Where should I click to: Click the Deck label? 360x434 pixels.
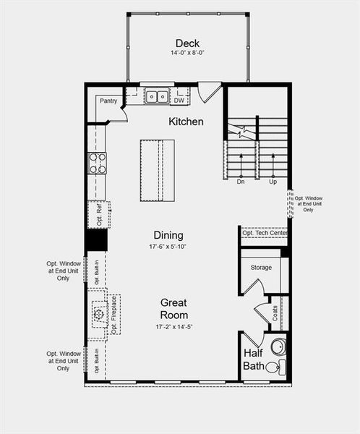187,43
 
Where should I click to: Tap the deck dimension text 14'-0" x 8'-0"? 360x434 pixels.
187,54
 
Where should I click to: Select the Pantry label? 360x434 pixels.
108,101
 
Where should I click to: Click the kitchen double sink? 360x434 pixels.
155,96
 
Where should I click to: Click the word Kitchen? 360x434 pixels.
187,122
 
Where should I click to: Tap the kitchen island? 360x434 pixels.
158,171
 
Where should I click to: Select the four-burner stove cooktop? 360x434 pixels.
97,163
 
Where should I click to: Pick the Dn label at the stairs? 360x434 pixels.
241,182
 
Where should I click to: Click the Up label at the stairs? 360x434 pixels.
273,182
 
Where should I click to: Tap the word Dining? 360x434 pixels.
168,235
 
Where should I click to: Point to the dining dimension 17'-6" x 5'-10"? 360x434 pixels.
168,247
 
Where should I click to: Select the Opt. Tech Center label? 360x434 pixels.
265,233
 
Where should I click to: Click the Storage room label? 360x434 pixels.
261,268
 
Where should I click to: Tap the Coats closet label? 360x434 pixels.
275,312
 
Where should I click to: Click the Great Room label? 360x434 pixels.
174,309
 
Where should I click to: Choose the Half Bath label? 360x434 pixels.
253,359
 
